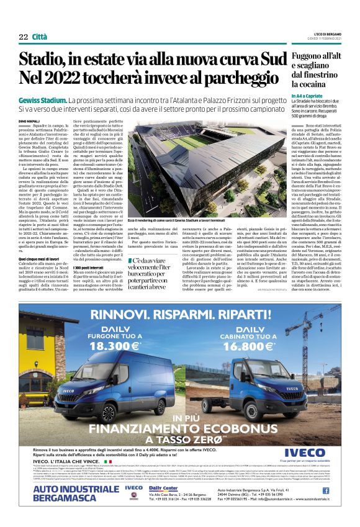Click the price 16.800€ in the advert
pyautogui.click(x=256, y=347)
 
